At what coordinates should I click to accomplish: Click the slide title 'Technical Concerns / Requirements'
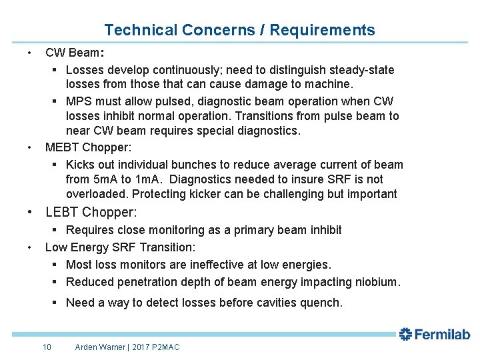click(239, 30)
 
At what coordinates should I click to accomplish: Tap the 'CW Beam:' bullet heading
click(74, 52)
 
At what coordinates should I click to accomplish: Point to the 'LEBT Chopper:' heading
click(91, 213)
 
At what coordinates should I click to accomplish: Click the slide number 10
click(47, 347)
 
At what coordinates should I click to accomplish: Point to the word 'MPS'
click(79, 101)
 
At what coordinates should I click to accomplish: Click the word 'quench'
click(321, 303)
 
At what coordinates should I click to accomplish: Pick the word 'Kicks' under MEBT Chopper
click(81, 165)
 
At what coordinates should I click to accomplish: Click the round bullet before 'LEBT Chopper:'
click(29, 213)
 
